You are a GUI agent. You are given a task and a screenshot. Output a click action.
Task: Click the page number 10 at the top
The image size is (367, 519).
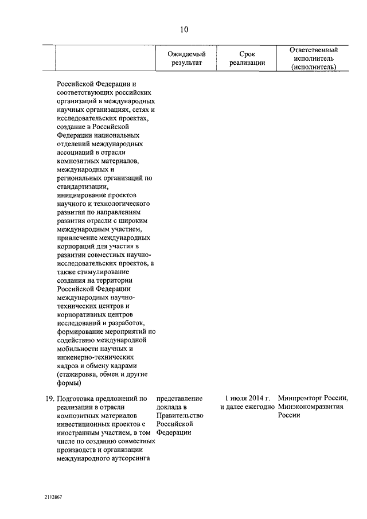[183, 30]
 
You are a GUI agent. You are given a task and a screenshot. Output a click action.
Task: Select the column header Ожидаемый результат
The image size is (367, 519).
[186, 58]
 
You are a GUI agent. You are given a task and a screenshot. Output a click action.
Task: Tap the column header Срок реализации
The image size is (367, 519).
[247, 58]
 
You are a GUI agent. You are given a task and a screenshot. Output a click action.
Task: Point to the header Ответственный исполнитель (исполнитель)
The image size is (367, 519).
[314, 58]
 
